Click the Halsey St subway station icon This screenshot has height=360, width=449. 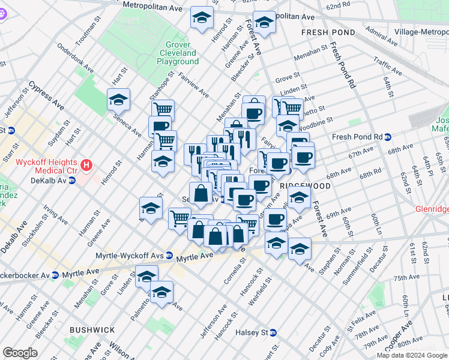(273, 332)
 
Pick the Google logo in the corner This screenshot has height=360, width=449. (20, 352)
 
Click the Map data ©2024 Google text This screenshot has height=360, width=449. (411, 355)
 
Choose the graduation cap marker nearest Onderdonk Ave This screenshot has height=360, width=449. (118, 100)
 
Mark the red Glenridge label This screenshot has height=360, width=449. (432, 210)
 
